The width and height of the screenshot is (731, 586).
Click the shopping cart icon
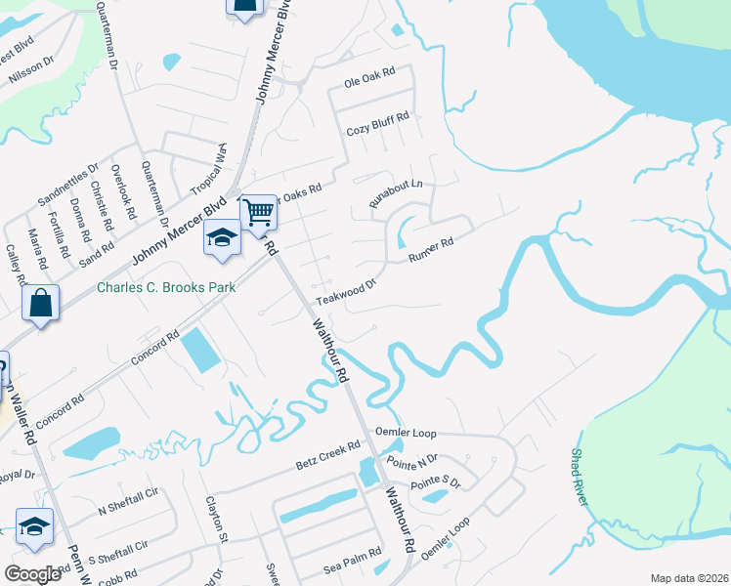[258, 212]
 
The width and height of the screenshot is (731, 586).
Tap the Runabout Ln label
[396, 192]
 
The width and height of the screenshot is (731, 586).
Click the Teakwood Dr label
[346, 292]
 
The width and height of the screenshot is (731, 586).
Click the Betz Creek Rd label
[327, 459]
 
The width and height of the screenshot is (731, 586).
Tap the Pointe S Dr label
[436, 481]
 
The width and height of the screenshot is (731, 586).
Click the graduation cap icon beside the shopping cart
[222, 236]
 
